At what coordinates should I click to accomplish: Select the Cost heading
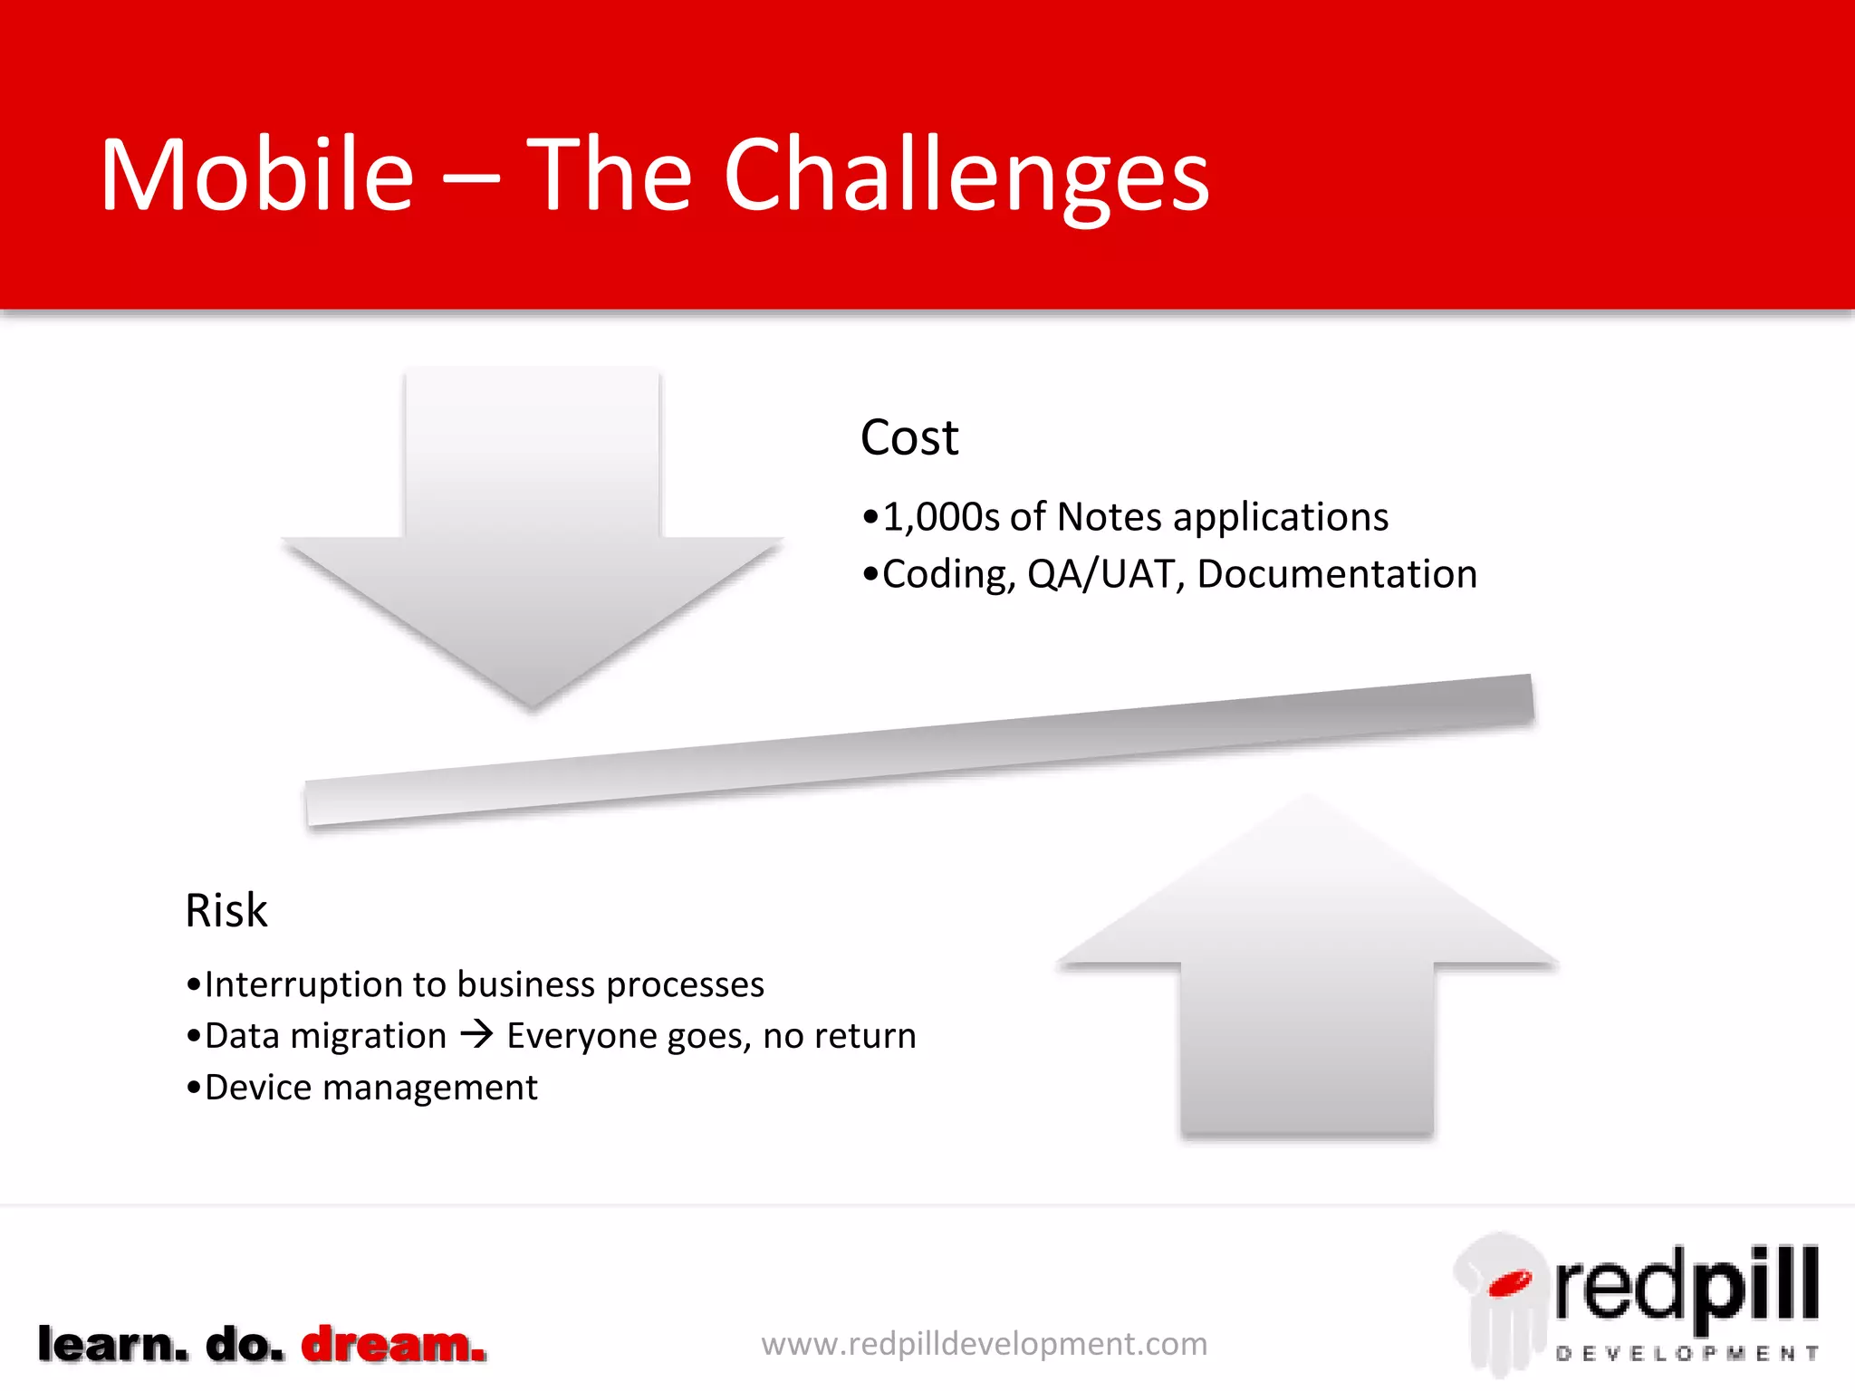pyautogui.click(x=908, y=438)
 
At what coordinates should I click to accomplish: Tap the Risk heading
pyautogui.click(x=226, y=910)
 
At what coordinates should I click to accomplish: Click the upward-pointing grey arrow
pyautogui.click(x=1307, y=969)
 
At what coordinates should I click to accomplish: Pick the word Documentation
pyautogui.click(x=1337, y=574)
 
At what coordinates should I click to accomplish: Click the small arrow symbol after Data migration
pyautogui.click(x=476, y=1034)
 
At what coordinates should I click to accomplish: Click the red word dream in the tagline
pyautogui.click(x=392, y=1345)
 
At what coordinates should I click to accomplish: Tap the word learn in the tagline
pyautogui.click(x=113, y=1345)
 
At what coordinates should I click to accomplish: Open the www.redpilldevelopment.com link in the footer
pyautogui.click(x=985, y=1344)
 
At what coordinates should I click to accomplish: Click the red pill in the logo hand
pyautogui.click(x=1509, y=1281)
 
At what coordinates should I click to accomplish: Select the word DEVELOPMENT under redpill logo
pyautogui.click(x=1687, y=1354)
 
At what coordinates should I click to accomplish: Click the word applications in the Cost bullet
pyautogui.click(x=1280, y=517)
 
